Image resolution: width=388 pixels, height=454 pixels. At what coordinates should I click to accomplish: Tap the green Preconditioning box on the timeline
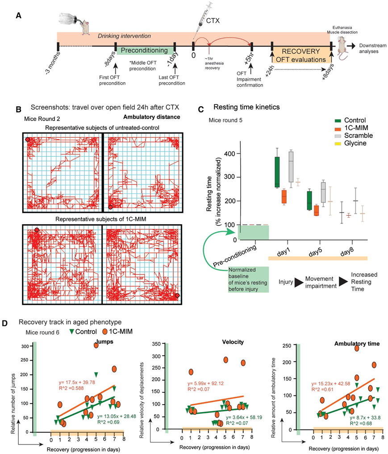click(x=146, y=50)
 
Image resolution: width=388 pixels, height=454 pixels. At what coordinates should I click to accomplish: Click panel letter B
click(x=19, y=108)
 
